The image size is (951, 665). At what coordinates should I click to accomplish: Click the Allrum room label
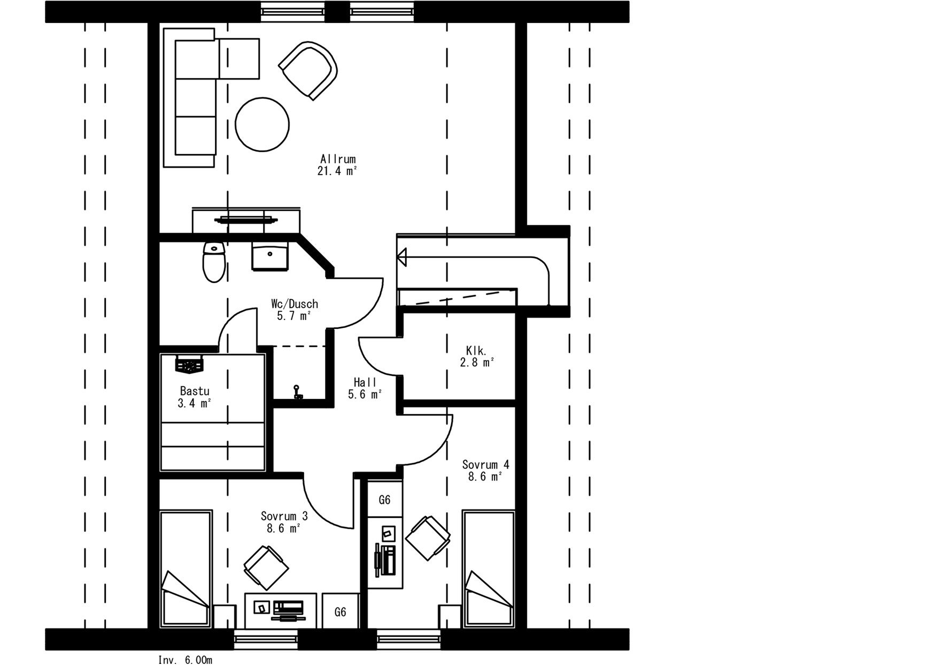pos(338,159)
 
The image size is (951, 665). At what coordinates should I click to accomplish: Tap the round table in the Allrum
pos(262,124)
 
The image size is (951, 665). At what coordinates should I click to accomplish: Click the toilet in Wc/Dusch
pos(214,261)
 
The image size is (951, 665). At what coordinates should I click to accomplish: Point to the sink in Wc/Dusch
pos(270,257)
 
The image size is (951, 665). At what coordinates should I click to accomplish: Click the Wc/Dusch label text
pos(294,304)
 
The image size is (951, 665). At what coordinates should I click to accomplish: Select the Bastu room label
pos(195,391)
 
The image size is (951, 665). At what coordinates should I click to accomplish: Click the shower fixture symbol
pos(296,393)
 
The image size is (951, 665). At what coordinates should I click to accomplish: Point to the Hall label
pos(365,382)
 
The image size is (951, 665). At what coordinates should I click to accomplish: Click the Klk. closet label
pos(476,351)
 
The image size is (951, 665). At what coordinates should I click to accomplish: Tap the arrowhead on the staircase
pos(401,257)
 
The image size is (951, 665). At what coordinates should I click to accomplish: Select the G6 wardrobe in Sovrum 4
pos(384,499)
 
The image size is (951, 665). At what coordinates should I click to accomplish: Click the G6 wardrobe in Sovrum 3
pos(341,612)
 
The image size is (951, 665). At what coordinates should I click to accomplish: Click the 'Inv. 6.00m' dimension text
pos(185,660)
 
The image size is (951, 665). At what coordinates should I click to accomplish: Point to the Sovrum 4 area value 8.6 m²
pos(485,477)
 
